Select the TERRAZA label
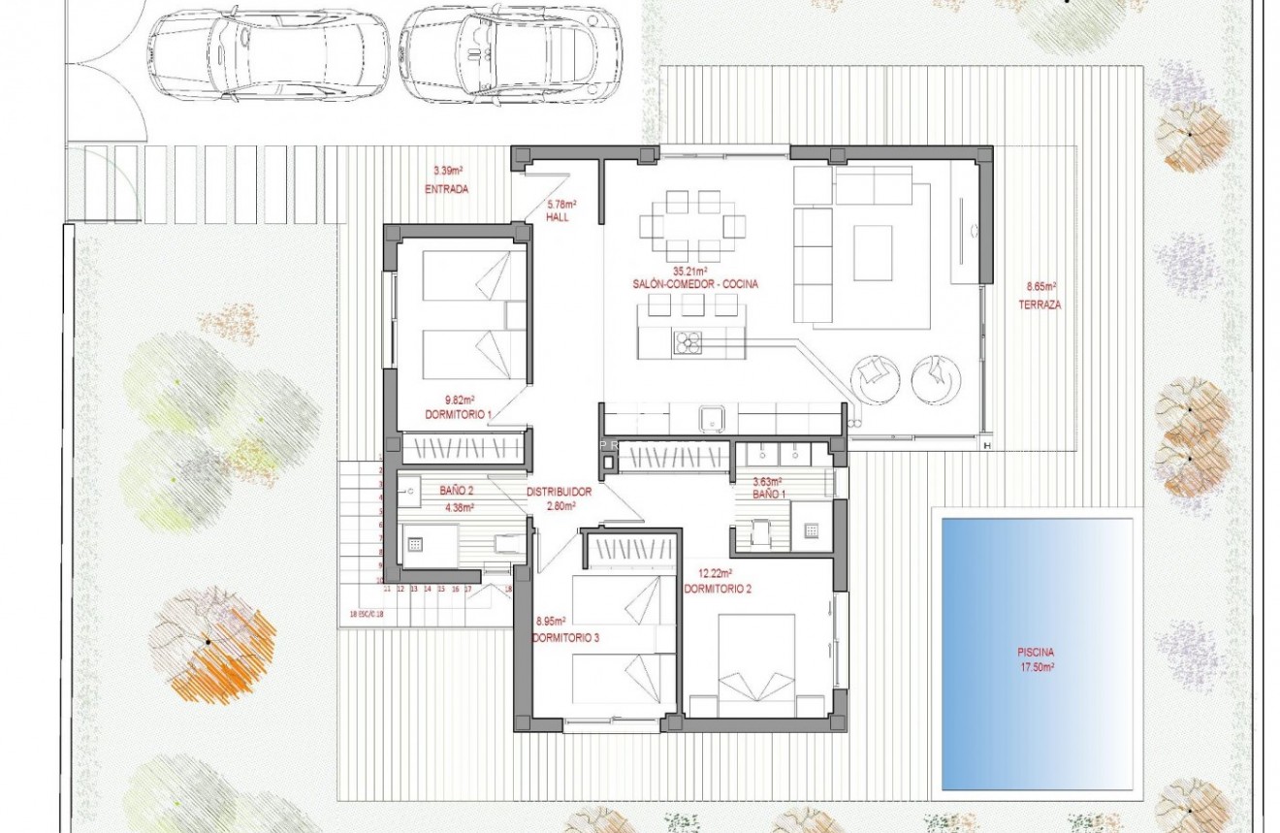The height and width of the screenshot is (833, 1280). tap(1040, 304)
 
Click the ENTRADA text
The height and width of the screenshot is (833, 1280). tap(446, 190)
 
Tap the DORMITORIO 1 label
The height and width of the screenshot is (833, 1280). tap(459, 415)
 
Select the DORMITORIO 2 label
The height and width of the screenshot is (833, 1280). tap(717, 589)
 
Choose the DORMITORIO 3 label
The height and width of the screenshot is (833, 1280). tap(565, 637)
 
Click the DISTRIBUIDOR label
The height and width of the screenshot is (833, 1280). tap(560, 492)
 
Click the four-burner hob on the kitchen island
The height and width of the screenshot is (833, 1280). tap(689, 342)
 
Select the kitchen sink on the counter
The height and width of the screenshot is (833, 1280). tap(713, 419)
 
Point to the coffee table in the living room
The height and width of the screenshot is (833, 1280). tap(872, 253)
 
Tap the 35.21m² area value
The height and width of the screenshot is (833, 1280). tap(690, 272)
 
